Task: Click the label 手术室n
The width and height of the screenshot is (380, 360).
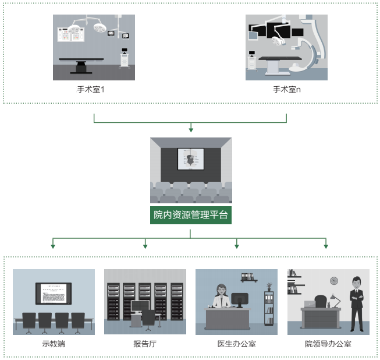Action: coord(287,90)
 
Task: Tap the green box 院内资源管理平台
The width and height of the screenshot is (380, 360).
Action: coord(191,216)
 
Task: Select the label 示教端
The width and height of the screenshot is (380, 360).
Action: coord(54,344)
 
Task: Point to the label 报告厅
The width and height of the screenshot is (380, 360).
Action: coord(145,344)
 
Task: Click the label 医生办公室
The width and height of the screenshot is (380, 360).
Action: coord(237,344)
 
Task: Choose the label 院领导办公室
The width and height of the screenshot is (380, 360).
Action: coord(328,344)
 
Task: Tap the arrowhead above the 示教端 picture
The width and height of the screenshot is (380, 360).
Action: coord(54,246)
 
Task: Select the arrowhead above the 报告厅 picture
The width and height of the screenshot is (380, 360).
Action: coord(145,246)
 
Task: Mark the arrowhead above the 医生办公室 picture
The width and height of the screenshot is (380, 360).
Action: coord(237,246)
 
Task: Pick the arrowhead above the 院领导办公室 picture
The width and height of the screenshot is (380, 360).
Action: coord(326,246)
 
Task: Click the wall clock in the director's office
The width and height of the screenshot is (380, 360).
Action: coord(334,281)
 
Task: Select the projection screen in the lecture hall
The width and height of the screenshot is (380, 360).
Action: coord(191,159)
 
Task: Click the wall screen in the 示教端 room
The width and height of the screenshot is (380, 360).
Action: coord(54,293)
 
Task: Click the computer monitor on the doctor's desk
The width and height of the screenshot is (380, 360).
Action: coord(240,300)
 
